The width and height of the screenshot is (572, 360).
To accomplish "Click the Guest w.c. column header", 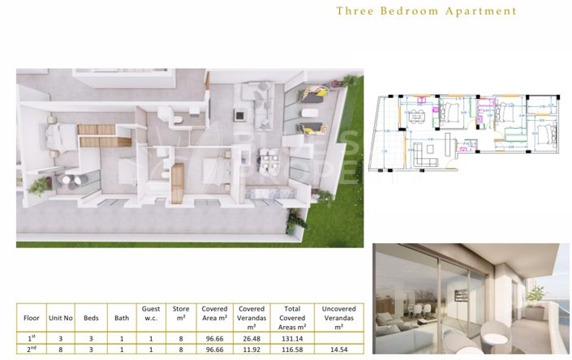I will click(x=151, y=313).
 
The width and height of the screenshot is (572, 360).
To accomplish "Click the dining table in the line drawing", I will click(x=417, y=117).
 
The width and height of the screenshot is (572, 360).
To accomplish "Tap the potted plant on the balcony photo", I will click(x=535, y=294).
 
